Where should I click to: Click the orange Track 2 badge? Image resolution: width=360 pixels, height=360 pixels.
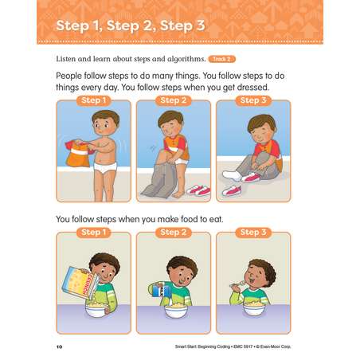pos(222,59)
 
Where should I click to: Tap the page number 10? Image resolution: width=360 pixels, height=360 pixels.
pos(59,346)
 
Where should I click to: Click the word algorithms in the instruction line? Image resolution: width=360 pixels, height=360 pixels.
pos(186,59)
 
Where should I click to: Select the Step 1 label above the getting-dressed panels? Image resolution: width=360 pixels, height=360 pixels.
pos(94,100)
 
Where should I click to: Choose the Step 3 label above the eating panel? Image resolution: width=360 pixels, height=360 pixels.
pos(253,233)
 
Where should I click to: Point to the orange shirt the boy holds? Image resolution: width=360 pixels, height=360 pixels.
pos(79,154)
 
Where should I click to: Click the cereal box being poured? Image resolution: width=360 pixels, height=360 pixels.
pos(80,283)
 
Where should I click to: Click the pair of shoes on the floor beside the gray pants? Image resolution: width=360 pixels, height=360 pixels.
pos(199,190)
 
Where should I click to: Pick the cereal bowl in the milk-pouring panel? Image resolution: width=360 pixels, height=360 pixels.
pos(175,311)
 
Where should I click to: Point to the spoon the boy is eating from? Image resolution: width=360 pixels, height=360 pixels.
pos(238,284)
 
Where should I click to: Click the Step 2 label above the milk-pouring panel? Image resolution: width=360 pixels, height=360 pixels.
pos(174,233)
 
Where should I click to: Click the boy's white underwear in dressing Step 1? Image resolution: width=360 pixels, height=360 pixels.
pos(105,167)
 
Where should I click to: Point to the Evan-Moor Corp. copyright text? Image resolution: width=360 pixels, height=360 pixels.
pos(273,346)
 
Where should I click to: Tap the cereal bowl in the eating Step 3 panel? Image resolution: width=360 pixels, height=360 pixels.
pos(254,309)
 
